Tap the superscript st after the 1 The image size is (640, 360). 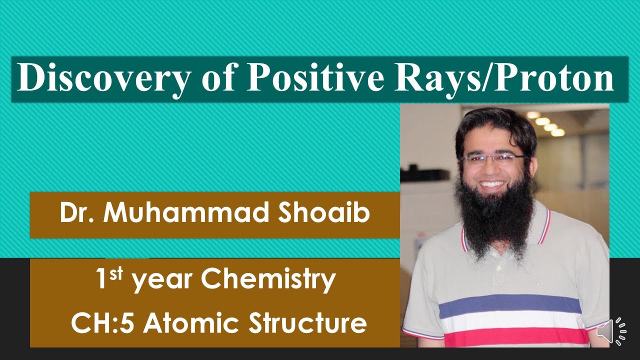116,273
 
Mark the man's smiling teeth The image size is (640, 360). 492,184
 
